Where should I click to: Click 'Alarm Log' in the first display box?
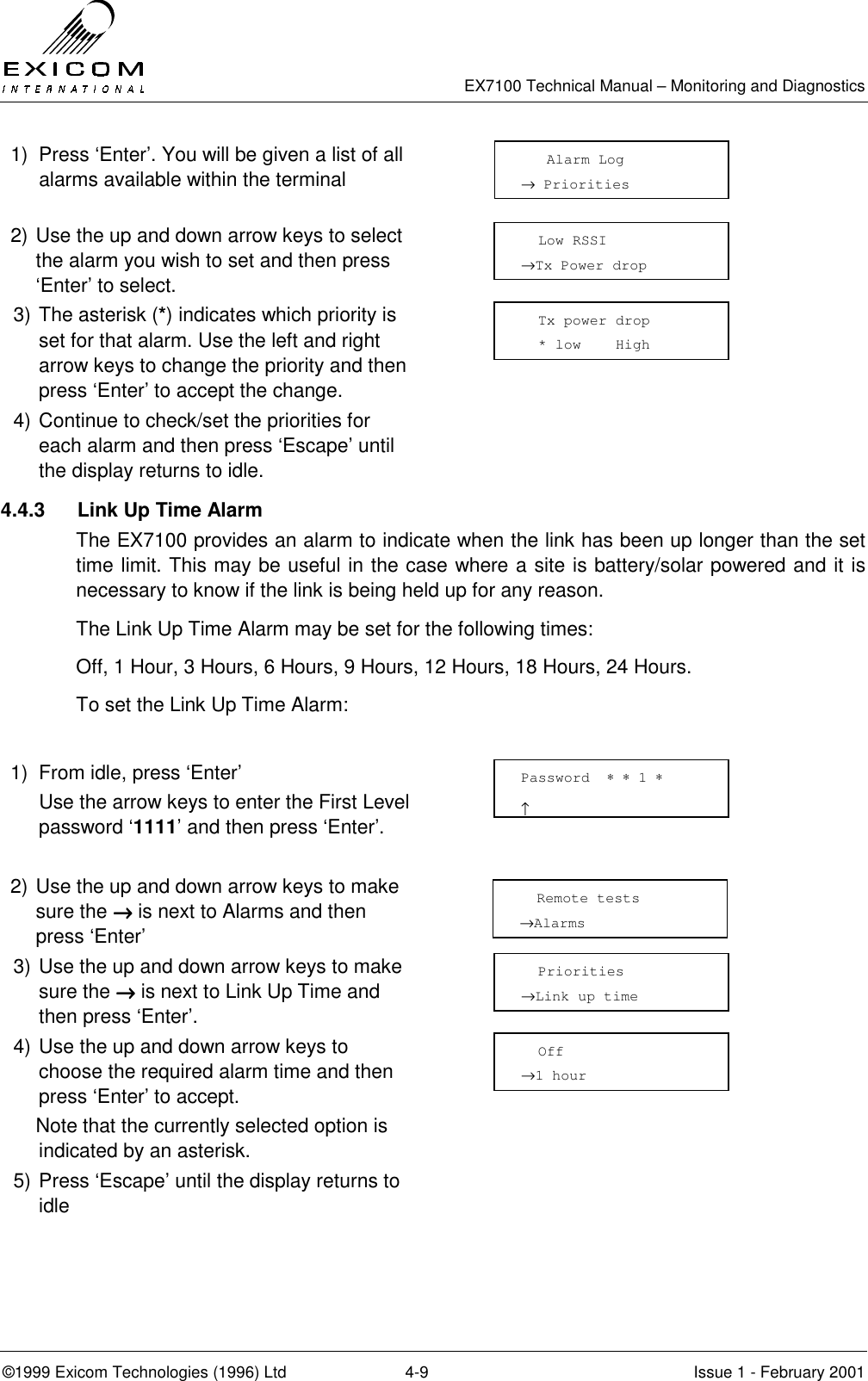point(585,160)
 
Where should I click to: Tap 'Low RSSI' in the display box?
point(572,241)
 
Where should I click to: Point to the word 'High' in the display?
point(633,345)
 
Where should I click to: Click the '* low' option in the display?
point(560,345)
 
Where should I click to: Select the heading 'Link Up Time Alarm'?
point(170,511)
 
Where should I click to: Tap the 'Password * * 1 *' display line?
point(592,778)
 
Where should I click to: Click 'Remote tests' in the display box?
point(587,899)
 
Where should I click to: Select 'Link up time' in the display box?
point(586,997)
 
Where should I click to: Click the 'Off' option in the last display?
point(550,1052)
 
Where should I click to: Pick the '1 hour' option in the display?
point(560,1076)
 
